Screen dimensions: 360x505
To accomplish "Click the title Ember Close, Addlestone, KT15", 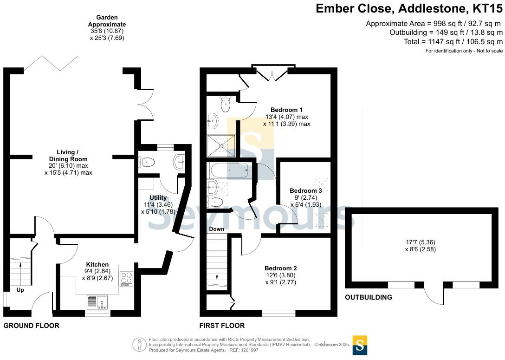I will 409,8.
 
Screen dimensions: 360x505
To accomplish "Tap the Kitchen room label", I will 97,264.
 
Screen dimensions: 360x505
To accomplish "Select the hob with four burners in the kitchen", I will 126,279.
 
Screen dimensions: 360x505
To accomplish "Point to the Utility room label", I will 158,197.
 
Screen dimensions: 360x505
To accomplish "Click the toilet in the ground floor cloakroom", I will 147,162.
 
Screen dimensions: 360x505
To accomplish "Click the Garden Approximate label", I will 107,21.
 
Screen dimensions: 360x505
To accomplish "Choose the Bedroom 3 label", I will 305,190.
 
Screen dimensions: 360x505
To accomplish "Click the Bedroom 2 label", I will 280,268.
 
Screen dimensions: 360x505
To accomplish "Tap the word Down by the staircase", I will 216,229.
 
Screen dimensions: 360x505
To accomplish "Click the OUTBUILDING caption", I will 368,297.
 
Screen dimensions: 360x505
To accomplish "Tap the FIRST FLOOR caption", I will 222,326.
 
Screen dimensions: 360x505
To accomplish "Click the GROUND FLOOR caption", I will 31,326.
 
